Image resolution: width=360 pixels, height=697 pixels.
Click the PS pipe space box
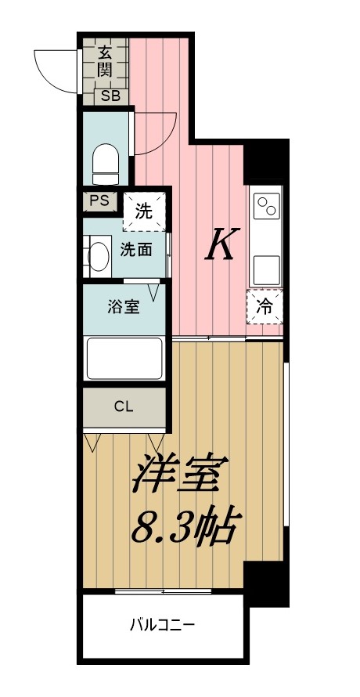[99, 200]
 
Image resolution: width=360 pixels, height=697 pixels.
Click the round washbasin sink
[98, 255]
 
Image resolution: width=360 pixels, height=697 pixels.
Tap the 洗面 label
[135, 251]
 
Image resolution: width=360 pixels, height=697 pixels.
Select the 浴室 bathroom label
[124, 306]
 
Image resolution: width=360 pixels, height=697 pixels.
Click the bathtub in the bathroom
[124, 359]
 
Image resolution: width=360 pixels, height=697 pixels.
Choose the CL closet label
[124, 406]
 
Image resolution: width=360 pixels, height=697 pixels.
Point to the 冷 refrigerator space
[265, 308]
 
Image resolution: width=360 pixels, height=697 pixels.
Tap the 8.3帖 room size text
[185, 529]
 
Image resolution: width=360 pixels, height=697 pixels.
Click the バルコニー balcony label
[162, 625]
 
